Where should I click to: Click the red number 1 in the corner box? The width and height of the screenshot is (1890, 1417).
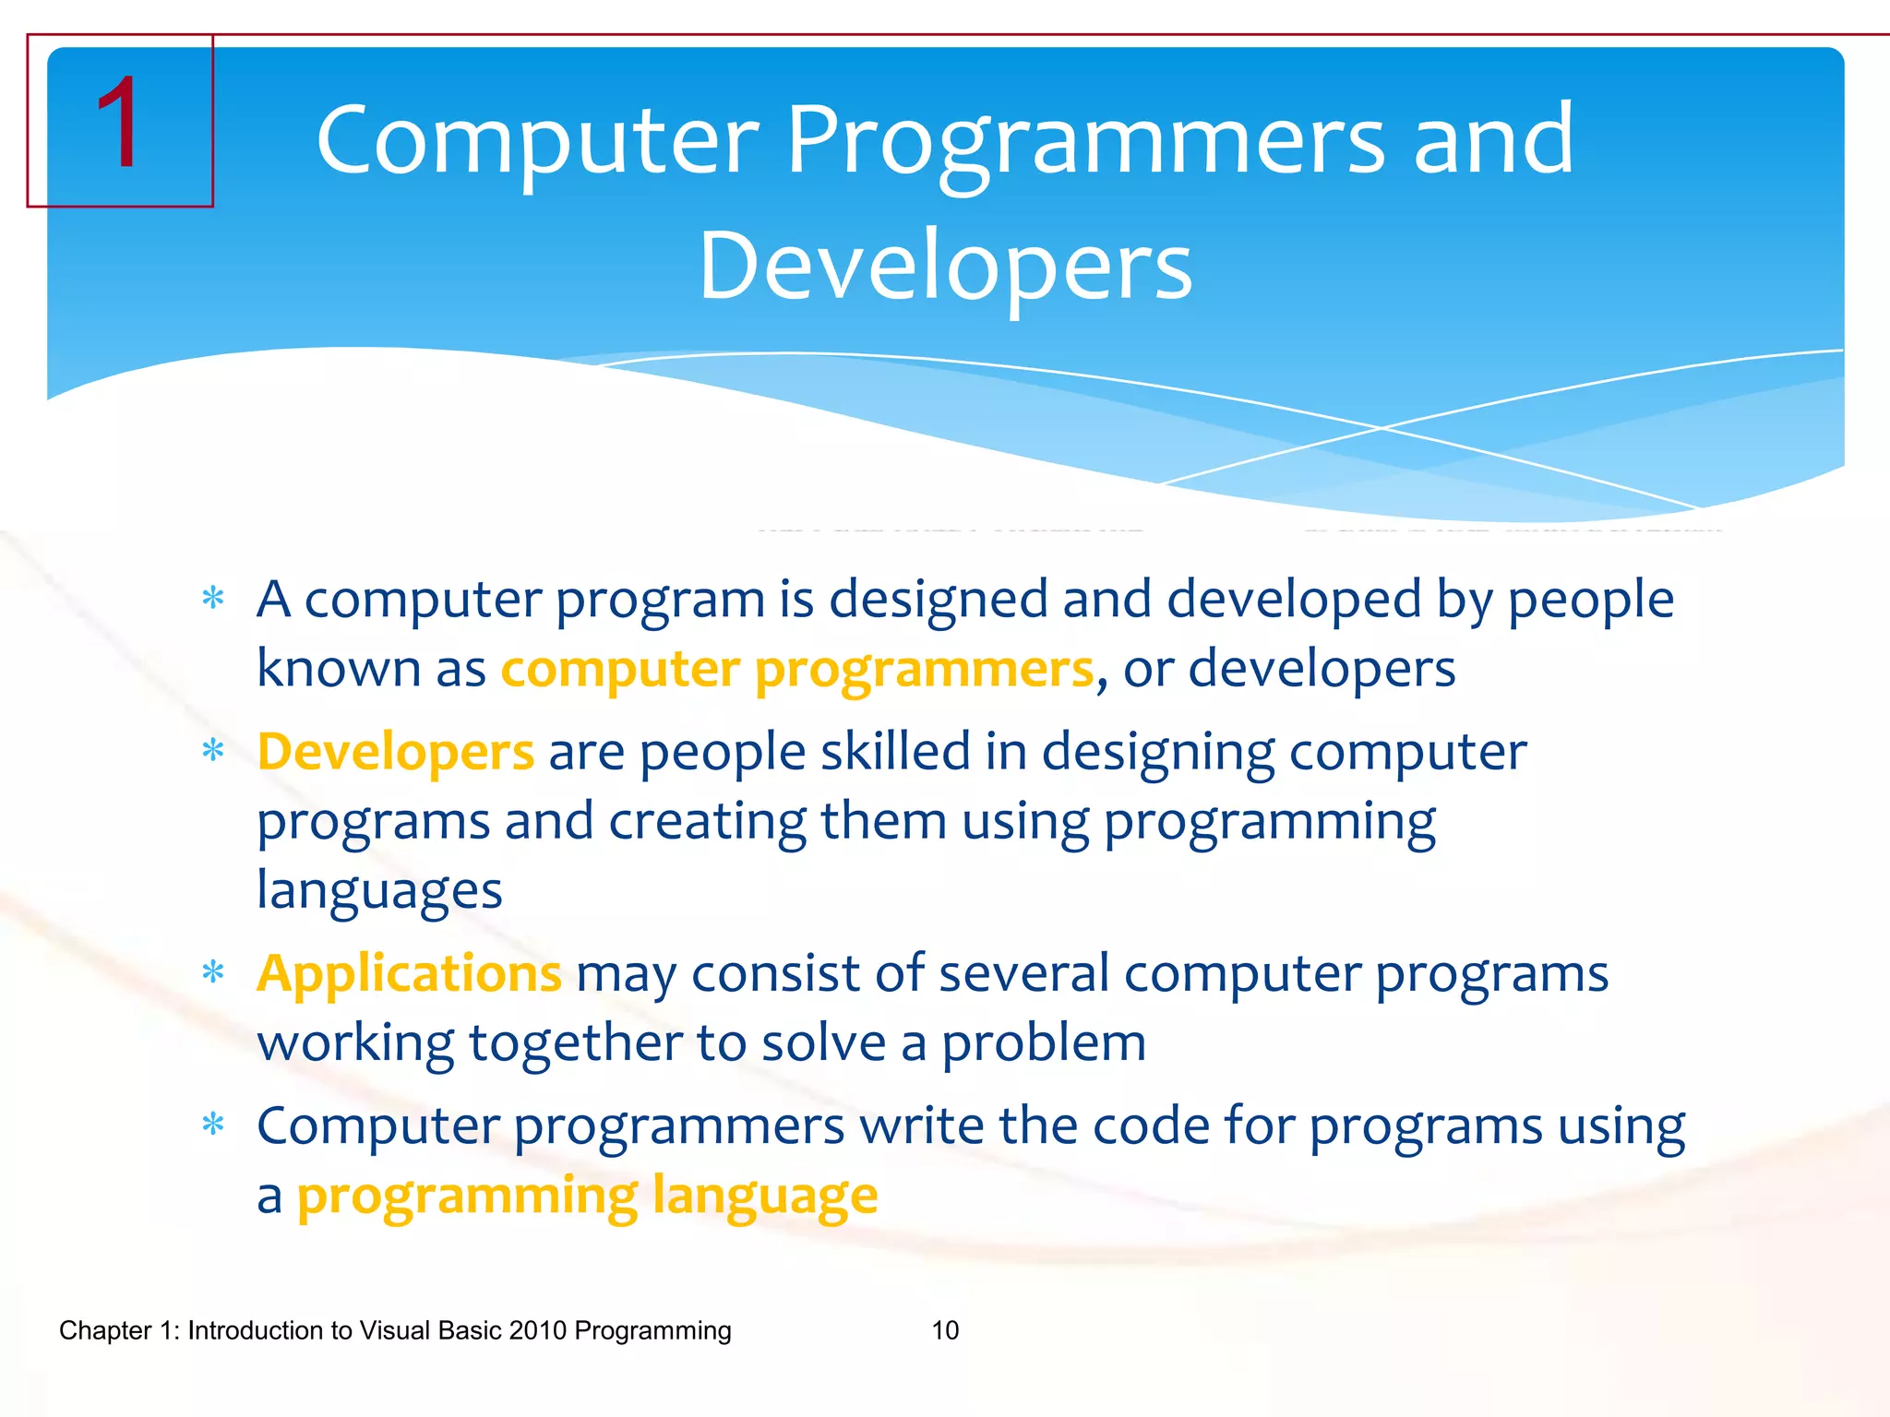[x=118, y=124]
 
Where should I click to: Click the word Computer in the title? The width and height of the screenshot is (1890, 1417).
[x=537, y=140]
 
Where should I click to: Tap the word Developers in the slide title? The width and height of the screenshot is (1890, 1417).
[x=945, y=266]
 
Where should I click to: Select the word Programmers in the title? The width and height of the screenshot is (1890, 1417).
[x=1085, y=140]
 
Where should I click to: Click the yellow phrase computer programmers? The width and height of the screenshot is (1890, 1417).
[x=796, y=669]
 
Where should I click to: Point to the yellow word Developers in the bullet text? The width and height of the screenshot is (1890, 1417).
[x=395, y=751]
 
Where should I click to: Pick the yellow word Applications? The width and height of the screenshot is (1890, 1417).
[x=409, y=973]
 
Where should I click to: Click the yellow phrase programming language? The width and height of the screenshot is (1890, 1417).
[x=587, y=1196]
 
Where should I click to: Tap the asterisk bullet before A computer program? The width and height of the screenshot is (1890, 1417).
[x=213, y=600]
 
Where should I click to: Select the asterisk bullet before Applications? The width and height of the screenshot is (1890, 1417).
[x=213, y=973]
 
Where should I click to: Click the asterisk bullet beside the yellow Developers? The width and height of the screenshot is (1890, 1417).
[x=213, y=752]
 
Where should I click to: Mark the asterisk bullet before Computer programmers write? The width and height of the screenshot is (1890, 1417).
[x=213, y=1125]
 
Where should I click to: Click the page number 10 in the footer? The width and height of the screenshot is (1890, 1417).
[x=945, y=1330]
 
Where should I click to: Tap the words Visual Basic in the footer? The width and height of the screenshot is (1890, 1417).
[x=430, y=1330]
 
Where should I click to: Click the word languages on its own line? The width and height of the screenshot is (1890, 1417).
[x=379, y=891]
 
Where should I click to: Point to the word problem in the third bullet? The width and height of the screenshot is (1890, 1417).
[x=1043, y=1043]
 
